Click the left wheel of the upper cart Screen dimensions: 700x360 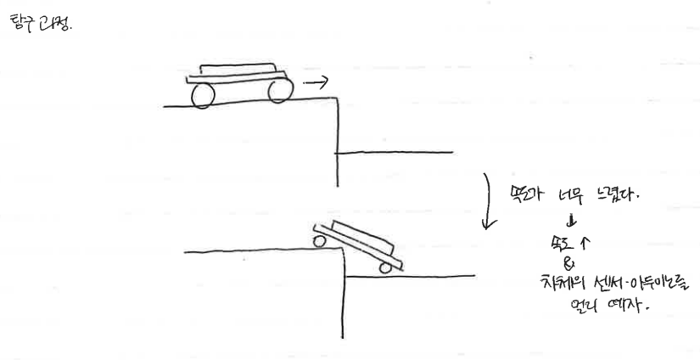pos(202,95)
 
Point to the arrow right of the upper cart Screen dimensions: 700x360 pos(315,83)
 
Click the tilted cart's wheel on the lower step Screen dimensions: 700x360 pos(386,268)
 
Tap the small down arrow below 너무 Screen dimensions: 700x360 pos(570,222)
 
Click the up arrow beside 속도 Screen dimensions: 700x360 pos(584,244)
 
